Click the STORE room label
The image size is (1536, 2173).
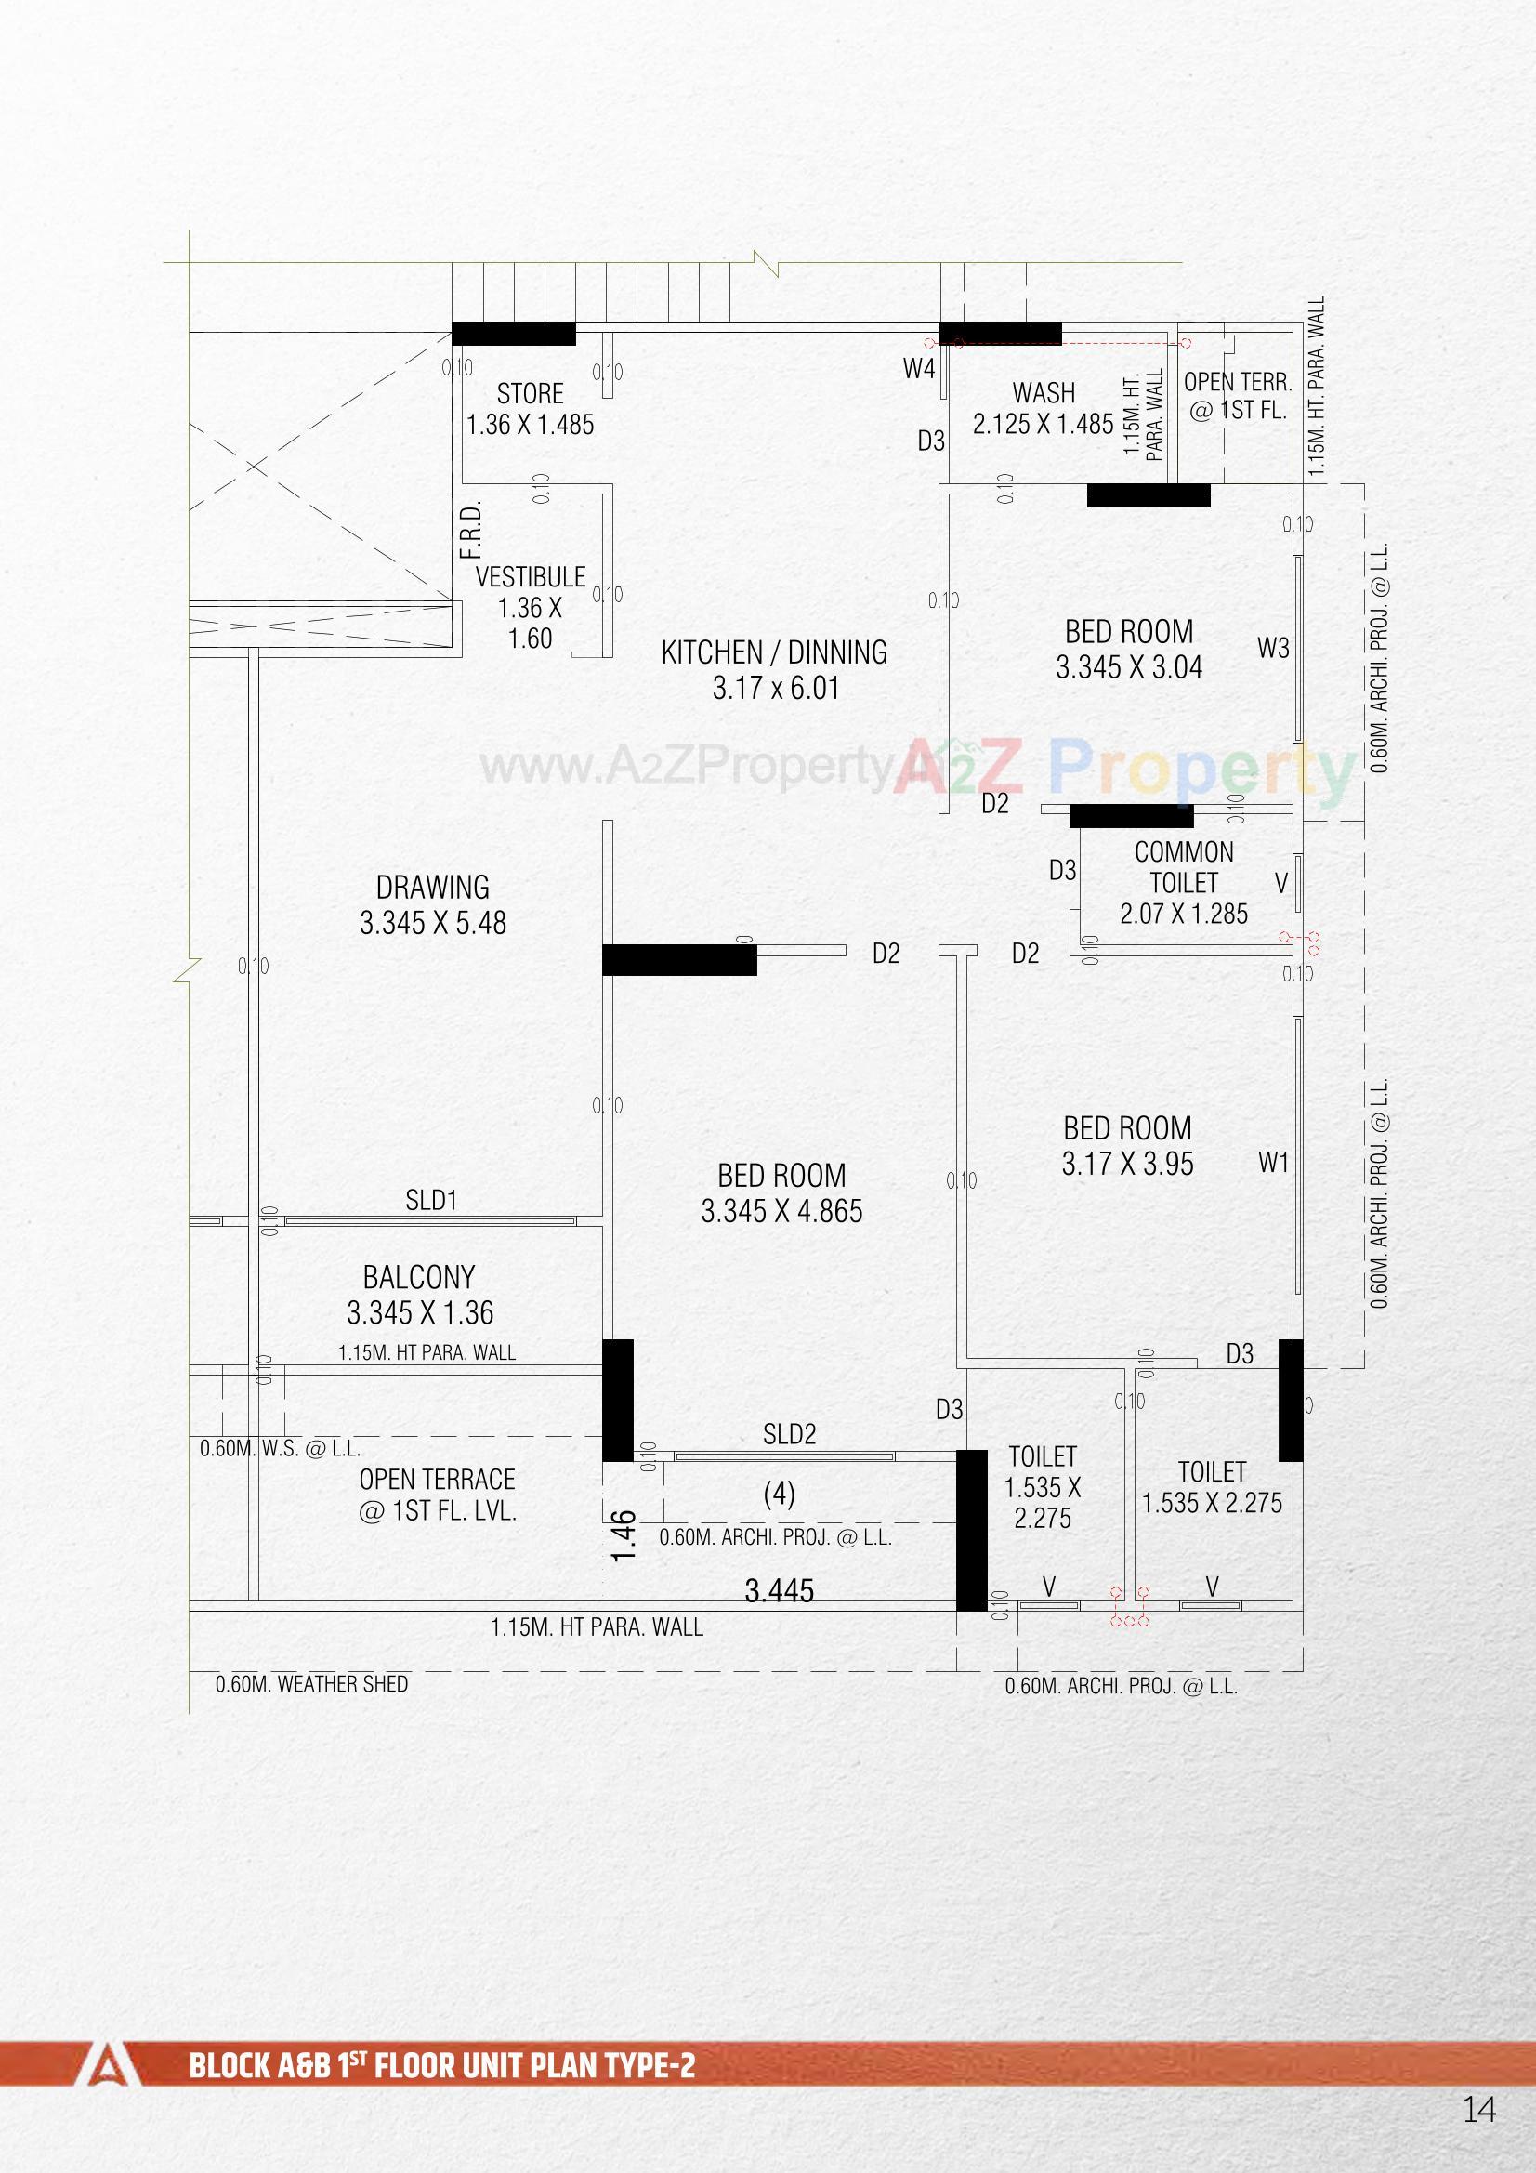(530, 394)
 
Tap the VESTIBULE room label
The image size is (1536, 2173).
(530, 577)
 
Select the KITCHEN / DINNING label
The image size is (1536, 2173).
(774, 653)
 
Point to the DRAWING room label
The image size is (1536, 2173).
(432, 888)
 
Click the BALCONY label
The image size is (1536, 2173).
(419, 1278)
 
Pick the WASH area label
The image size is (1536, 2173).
(1044, 393)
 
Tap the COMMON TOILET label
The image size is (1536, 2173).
(1183, 868)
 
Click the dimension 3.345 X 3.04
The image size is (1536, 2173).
(1129, 668)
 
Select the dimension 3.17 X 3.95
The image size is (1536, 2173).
(1127, 1164)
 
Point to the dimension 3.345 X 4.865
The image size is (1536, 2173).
(781, 1211)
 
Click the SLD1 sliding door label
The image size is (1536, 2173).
(431, 1201)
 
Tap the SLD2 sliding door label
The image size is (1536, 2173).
(789, 1435)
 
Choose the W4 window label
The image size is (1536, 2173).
(919, 369)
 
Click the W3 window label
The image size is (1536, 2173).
(1273, 649)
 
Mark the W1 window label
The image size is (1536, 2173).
(1273, 1162)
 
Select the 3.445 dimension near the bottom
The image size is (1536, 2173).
(779, 1591)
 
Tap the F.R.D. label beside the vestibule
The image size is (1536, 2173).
(471, 530)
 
